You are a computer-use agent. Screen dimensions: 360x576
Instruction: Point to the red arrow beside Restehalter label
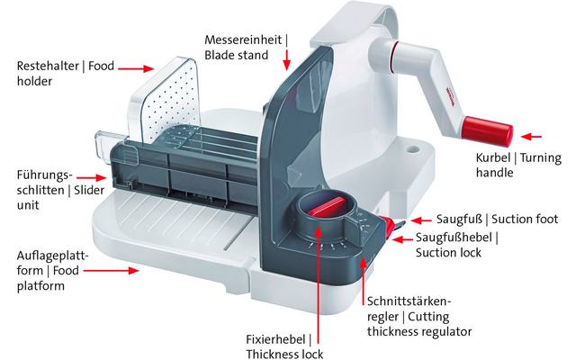click(135, 67)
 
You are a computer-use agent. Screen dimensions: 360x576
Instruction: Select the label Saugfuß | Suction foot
click(498, 219)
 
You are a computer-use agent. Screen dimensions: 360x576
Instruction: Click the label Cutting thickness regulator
click(418, 315)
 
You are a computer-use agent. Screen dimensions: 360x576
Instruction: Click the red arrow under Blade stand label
click(285, 61)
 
